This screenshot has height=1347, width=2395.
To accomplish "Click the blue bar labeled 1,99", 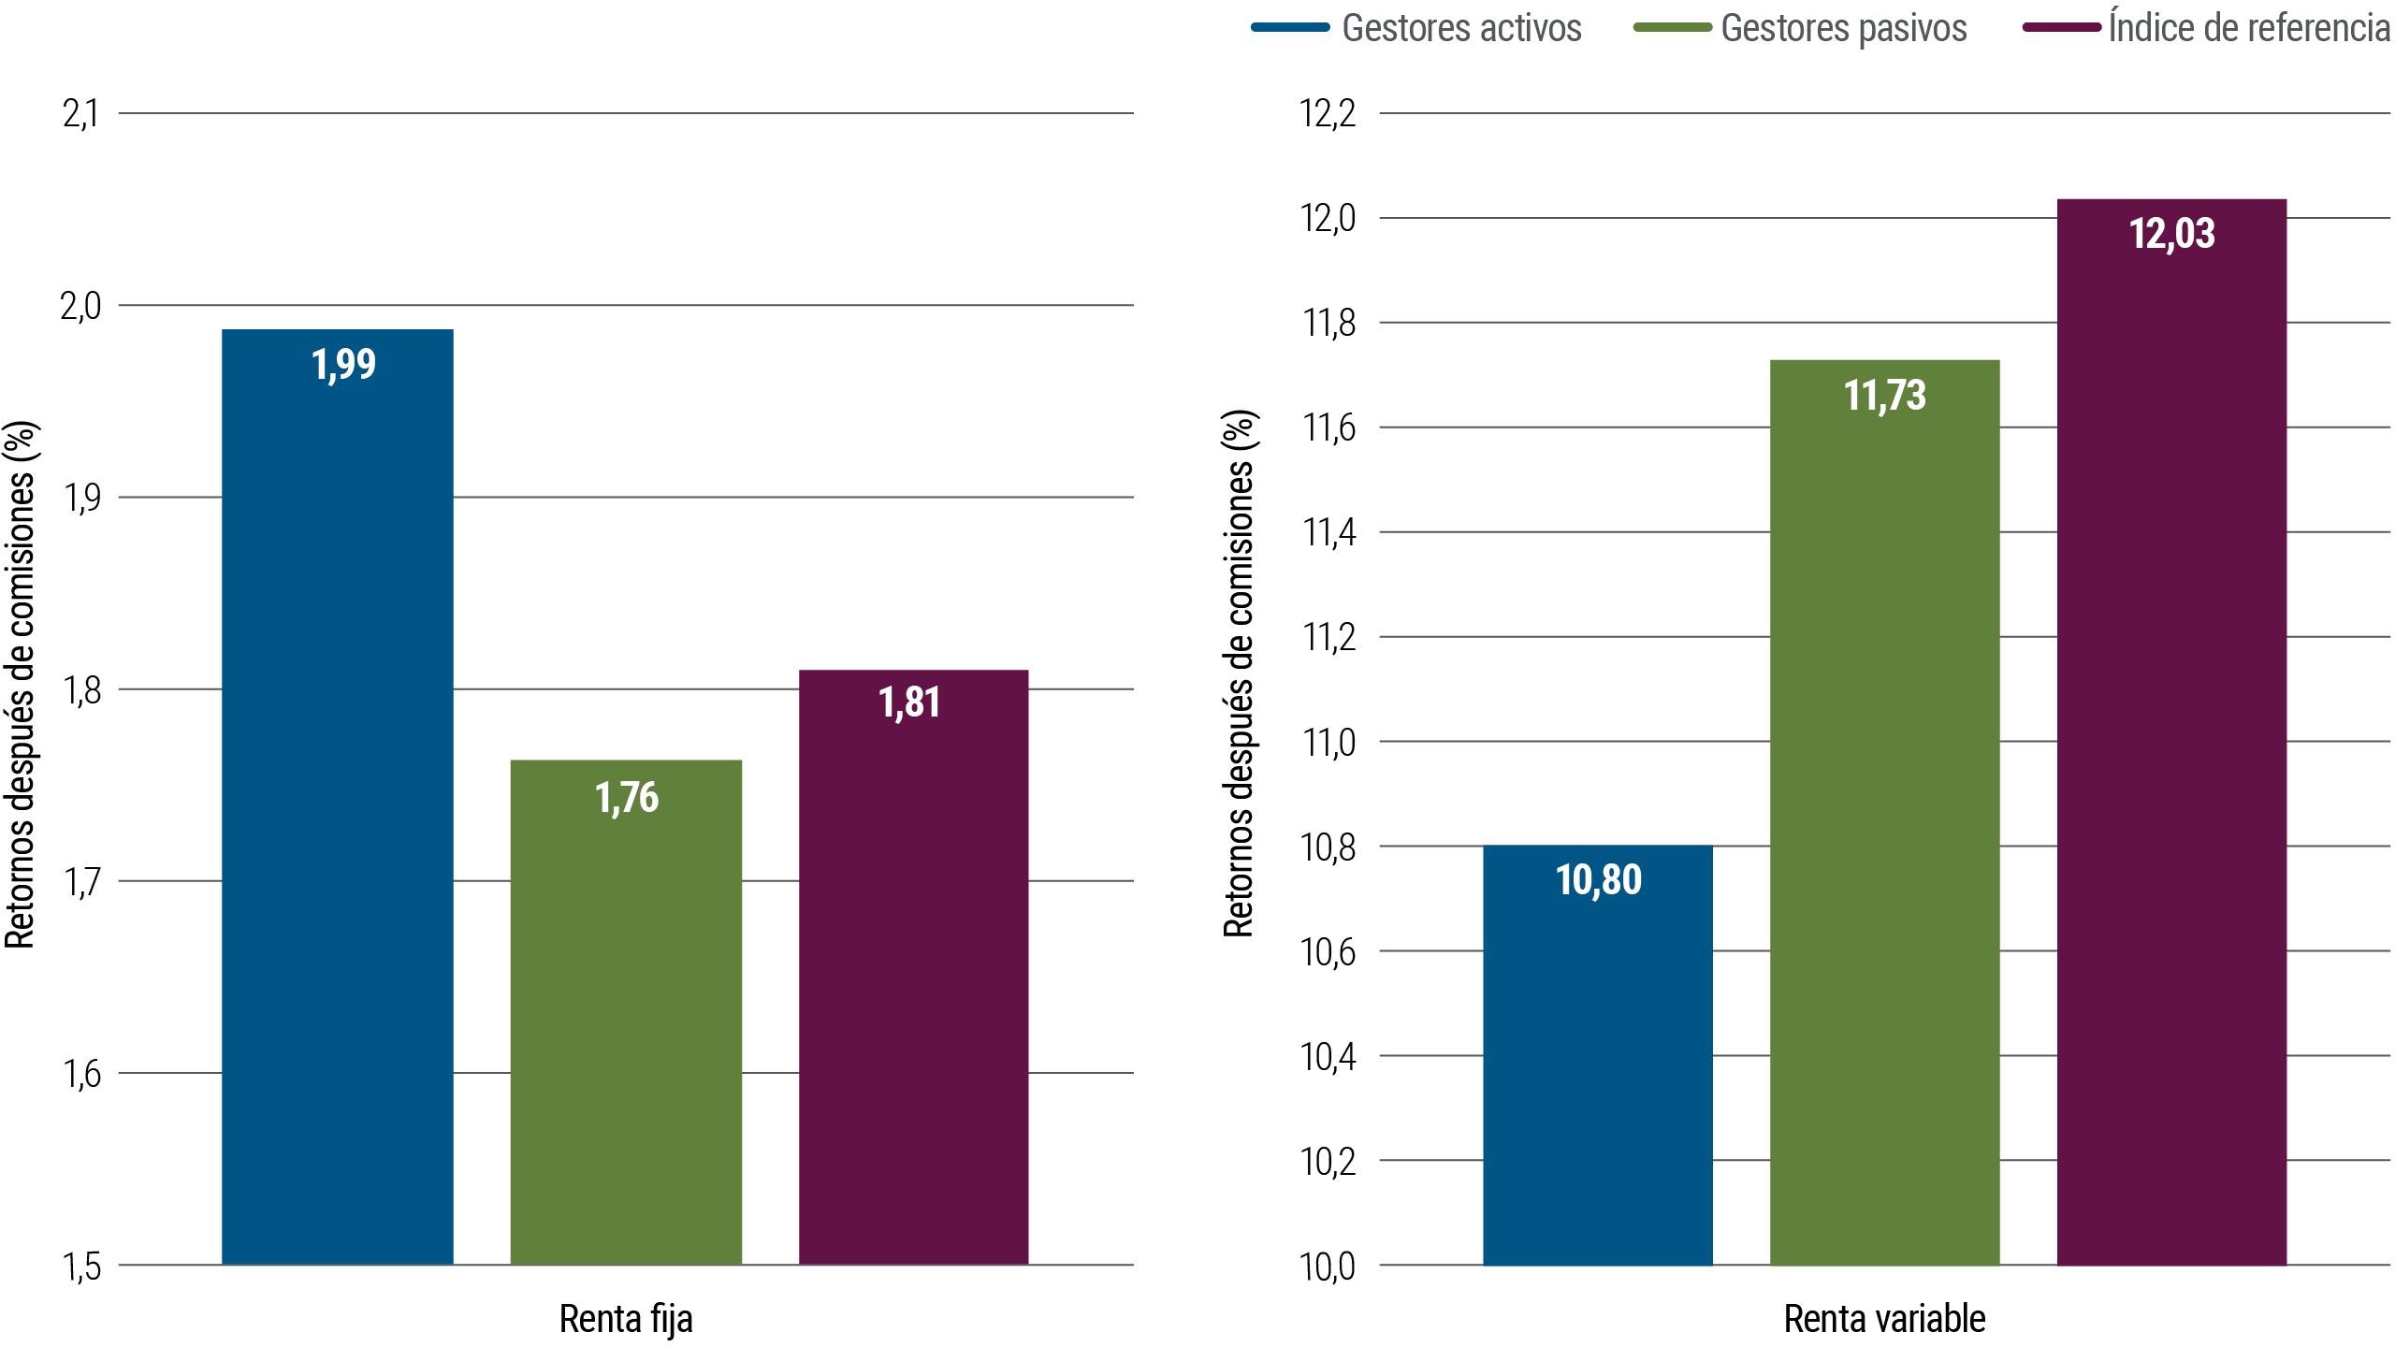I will coord(338,795).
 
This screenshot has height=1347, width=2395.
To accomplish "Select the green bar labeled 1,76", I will coord(626,1010).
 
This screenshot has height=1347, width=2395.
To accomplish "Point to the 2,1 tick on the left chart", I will coord(80,114).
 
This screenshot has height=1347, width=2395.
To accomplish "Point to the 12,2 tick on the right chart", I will coord(1328,114).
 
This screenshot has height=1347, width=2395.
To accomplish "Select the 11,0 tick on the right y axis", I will coord(1328,743).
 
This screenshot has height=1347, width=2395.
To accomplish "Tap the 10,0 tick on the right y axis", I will coord(1328,1267).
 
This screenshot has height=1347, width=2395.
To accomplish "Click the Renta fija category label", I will coord(626,1319).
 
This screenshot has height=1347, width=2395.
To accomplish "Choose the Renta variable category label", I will coord(1884,1319).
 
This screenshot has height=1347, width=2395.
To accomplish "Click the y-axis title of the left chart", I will coord(21,685).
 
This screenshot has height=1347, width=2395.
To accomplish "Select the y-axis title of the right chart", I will coord(1239,673).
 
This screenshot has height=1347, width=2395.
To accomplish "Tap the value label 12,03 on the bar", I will coord(2171,234).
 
